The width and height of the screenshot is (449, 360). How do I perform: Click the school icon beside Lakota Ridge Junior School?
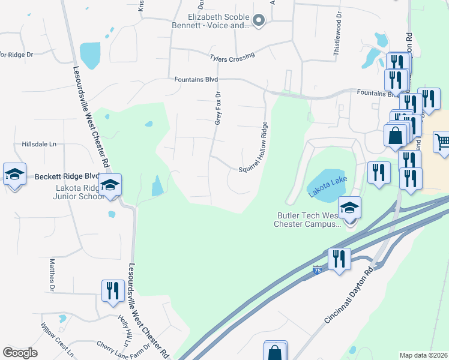point(110,185)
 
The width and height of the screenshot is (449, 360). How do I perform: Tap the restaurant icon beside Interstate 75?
point(339,259)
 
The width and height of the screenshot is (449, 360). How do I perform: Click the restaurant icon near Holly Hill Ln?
point(113,291)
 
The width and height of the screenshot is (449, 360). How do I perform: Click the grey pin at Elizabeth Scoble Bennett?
point(259,21)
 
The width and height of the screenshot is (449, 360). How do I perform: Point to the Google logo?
point(20,353)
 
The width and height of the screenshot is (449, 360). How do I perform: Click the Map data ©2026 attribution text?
point(423,355)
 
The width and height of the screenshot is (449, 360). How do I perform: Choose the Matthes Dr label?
point(52,271)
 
